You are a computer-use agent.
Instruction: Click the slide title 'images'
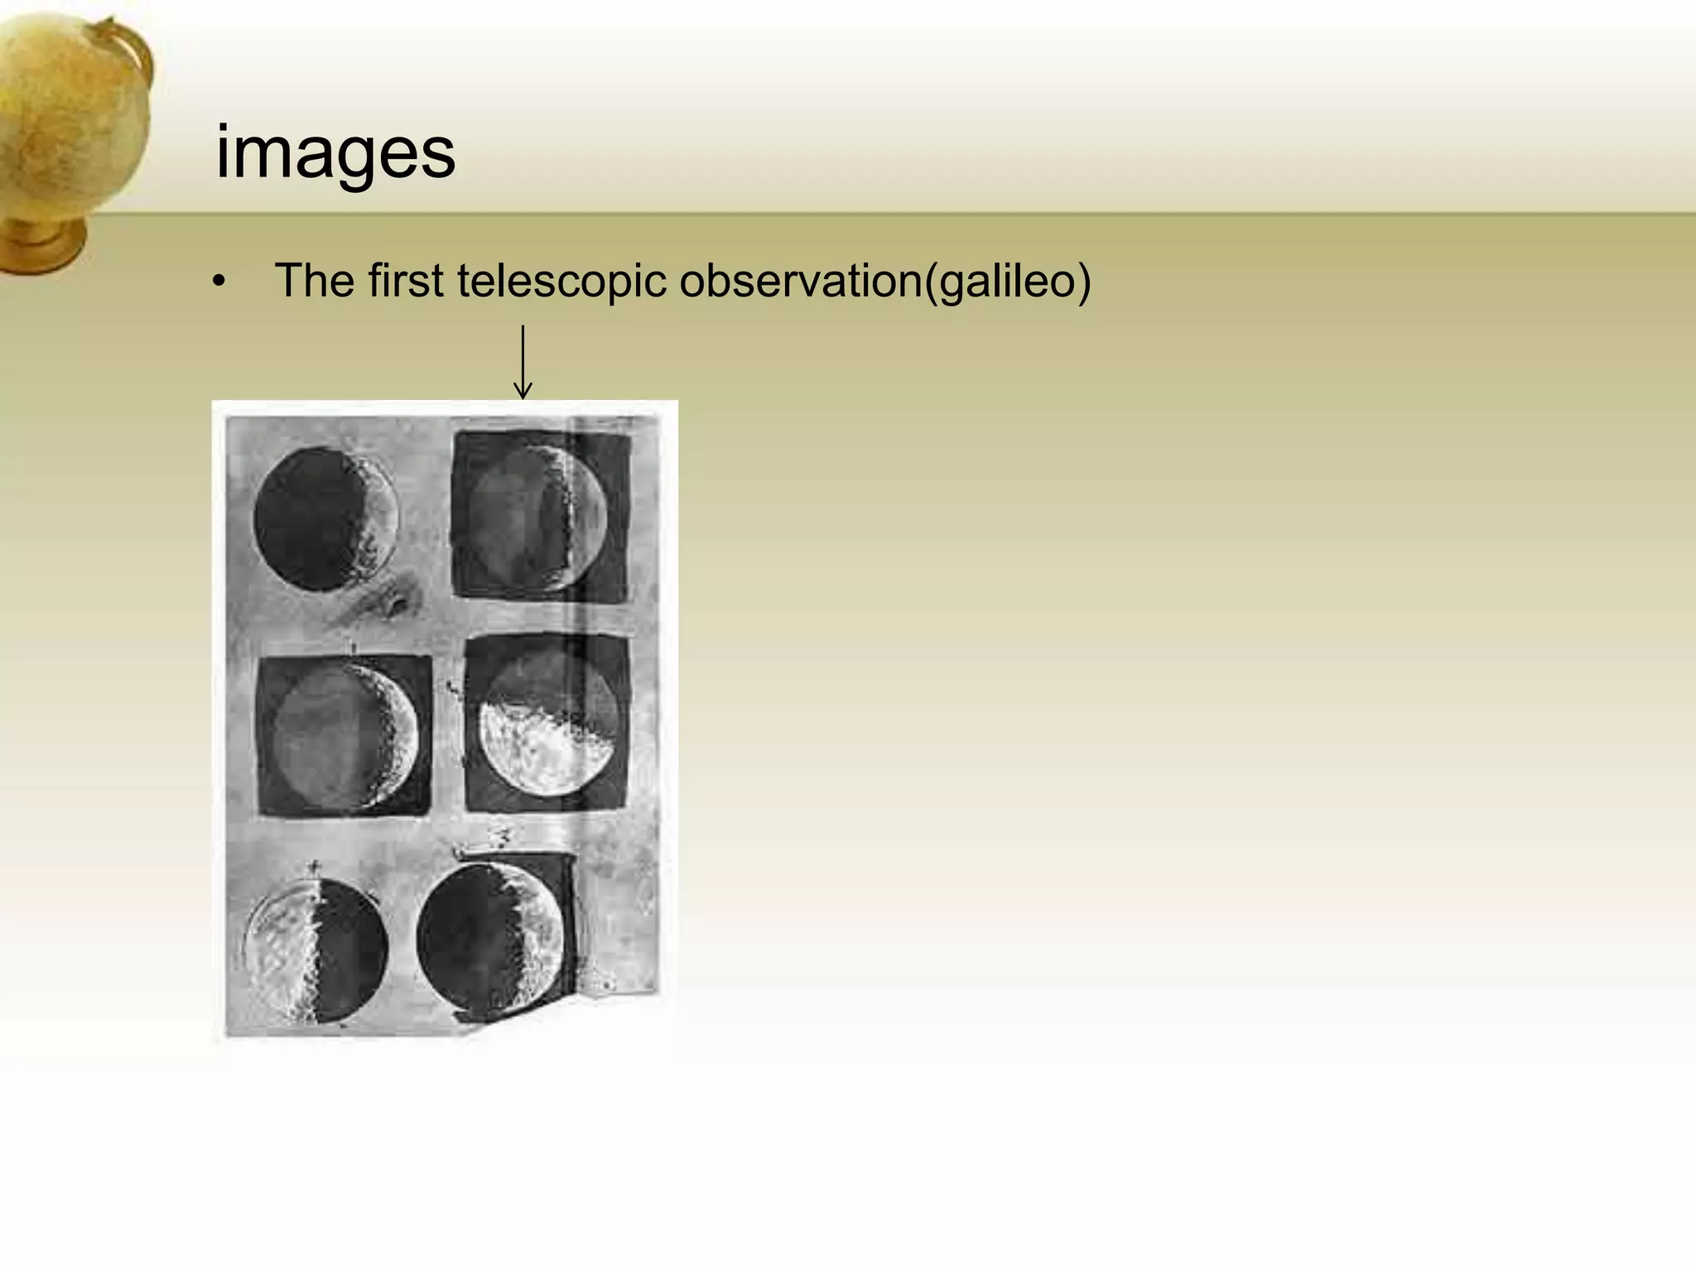[x=335, y=153]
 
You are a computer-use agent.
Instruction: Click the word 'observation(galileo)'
[x=884, y=282]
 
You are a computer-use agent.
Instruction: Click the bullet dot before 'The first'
[x=218, y=282]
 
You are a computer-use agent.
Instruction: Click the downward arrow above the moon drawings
[x=523, y=361]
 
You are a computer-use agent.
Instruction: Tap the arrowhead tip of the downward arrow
[x=523, y=397]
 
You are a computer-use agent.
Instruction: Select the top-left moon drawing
[x=325, y=519]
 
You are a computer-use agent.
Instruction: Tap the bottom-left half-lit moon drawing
[x=316, y=951]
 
